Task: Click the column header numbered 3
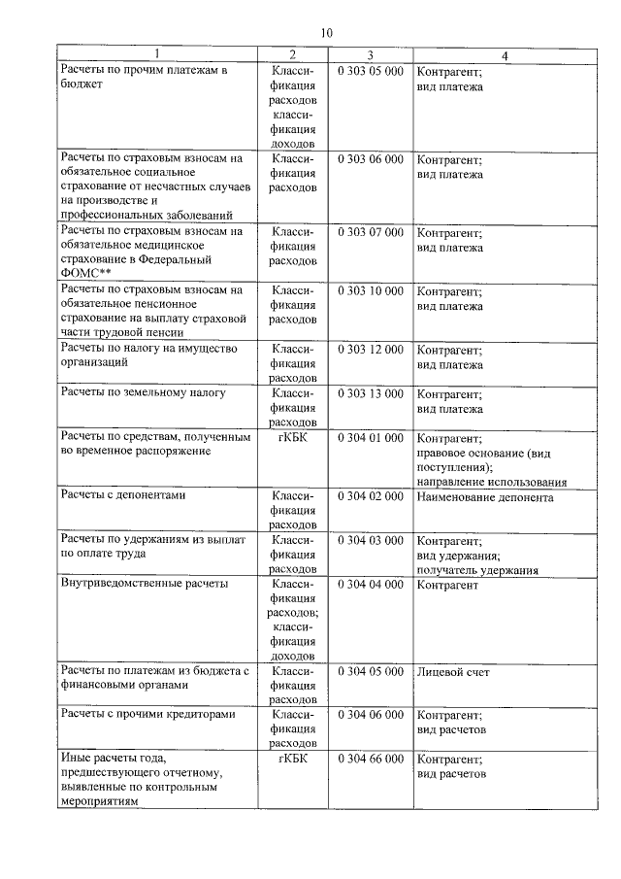(371, 56)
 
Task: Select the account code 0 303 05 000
(371, 72)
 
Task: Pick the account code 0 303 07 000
(371, 233)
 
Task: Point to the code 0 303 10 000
(371, 290)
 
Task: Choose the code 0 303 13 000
(371, 393)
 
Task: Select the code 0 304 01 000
(371, 438)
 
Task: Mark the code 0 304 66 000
(371, 759)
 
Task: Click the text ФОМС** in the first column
(86, 275)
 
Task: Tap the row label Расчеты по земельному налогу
(143, 393)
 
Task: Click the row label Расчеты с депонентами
(123, 496)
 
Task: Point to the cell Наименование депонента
(484, 497)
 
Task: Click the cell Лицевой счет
(452, 671)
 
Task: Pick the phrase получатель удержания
(477, 570)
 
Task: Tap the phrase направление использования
(491, 482)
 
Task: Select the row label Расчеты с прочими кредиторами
(147, 714)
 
